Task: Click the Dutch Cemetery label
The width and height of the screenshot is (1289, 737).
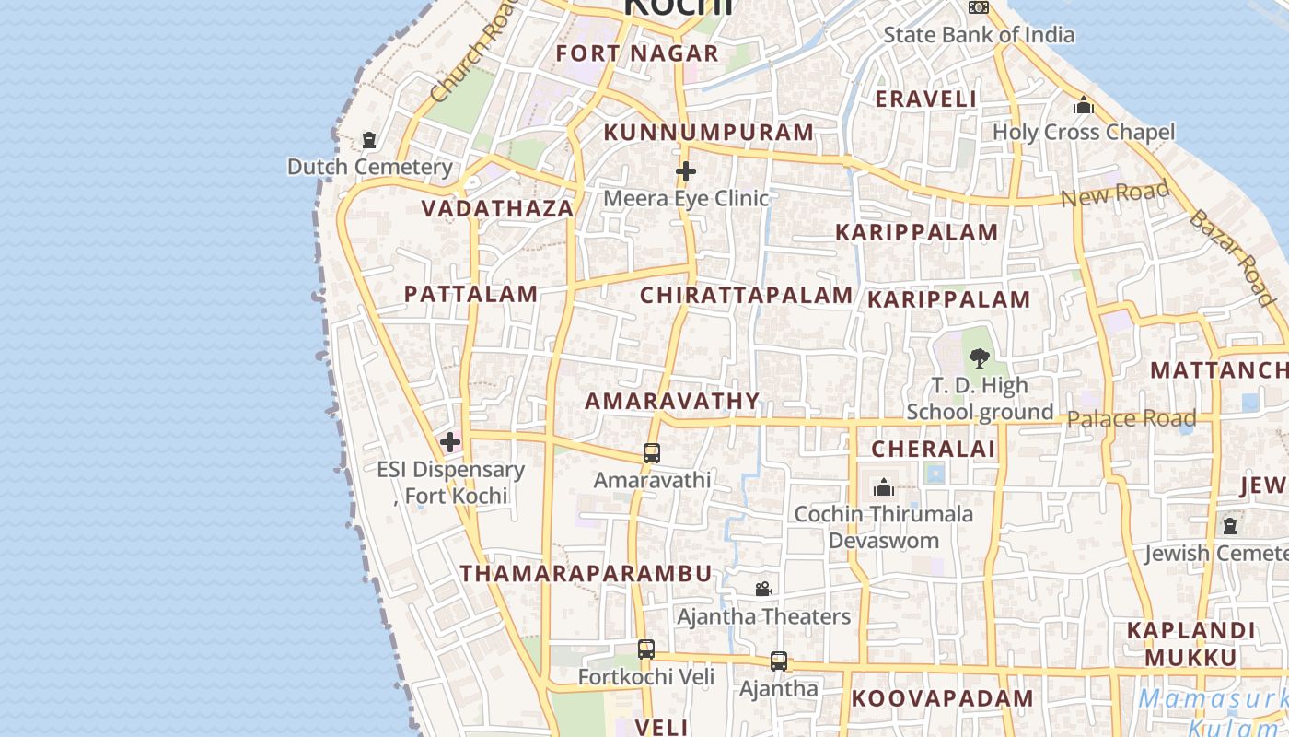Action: point(369,167)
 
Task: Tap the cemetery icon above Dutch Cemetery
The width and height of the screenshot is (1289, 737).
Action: point(369,140)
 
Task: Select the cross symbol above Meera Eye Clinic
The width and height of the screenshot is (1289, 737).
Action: point(686,171)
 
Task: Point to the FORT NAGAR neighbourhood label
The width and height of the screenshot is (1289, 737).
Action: point(636,53)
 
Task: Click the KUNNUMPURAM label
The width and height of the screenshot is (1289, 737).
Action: point(708,133)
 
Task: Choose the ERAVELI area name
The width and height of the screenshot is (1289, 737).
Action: point(925,99)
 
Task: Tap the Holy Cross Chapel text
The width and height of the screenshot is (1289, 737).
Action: point(1084,132)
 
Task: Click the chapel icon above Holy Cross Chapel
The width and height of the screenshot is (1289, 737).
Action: point(1084,106)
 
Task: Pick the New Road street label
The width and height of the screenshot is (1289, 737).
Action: point(1114,194)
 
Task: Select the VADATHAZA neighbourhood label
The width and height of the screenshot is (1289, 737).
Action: point(497,208)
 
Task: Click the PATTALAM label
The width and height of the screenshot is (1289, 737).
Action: point(470,294)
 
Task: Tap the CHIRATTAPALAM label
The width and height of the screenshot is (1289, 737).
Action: point(746,296)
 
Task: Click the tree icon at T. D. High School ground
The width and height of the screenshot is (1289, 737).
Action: point(979,357)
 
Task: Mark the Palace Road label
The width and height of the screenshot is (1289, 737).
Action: point(1131,419)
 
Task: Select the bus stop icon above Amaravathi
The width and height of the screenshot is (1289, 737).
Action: point(652,453)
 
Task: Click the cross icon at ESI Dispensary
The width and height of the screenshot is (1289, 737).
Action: point(450,442)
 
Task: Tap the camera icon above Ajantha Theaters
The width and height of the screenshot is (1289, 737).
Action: point(763,589)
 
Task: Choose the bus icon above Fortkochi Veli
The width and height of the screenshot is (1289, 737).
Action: point(646,649)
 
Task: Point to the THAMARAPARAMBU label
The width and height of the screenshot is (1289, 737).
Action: point(586,573)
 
